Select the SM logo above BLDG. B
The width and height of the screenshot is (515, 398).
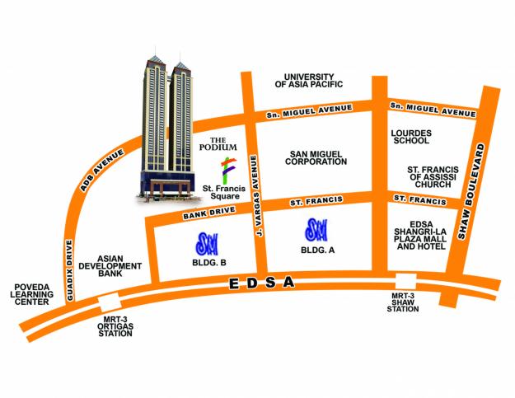coord(205,243)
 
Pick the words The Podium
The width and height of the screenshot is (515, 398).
coord(223,143)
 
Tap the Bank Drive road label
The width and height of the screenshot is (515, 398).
coord(203,214)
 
